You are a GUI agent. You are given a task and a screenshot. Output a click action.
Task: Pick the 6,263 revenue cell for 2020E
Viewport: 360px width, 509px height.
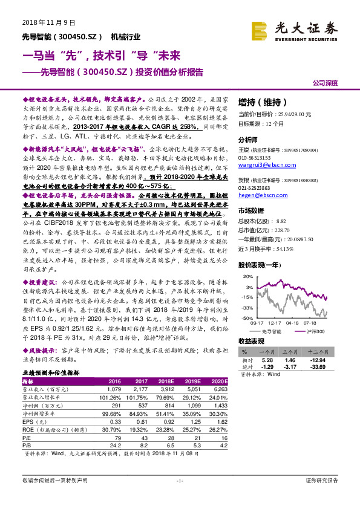click(220, 389)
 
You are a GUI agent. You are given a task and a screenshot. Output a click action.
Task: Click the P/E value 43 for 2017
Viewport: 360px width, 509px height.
click(143, 436)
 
